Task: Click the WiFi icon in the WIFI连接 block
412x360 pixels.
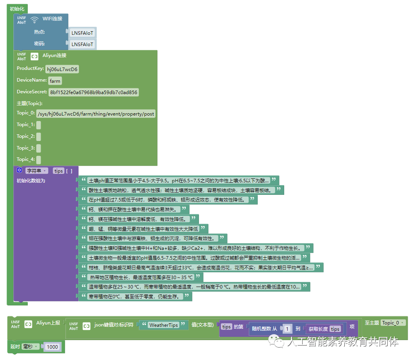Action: (34, 20)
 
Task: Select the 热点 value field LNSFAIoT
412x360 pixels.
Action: (82, 33)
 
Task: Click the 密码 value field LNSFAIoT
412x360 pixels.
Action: (82, 44)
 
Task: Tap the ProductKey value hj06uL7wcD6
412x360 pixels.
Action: (63, 69)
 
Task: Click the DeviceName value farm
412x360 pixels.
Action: (55, 81)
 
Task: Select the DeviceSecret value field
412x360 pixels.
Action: (93, 93)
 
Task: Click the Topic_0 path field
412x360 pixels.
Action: (96, 114)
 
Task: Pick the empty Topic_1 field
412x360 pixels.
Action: (39, 125)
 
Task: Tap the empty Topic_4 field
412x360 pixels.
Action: (39, 159)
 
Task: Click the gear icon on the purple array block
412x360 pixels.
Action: (20, 171)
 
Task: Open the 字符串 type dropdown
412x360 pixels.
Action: (37, 171)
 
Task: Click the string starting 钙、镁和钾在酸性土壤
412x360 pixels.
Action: (133, 209)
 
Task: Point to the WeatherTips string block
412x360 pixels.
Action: (163, 325)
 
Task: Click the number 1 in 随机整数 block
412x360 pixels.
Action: (287, 329)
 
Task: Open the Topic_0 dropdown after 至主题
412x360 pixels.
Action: (393, 323)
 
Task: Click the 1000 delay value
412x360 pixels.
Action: (52, 347)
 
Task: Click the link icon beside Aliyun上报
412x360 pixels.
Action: (28, 324)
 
